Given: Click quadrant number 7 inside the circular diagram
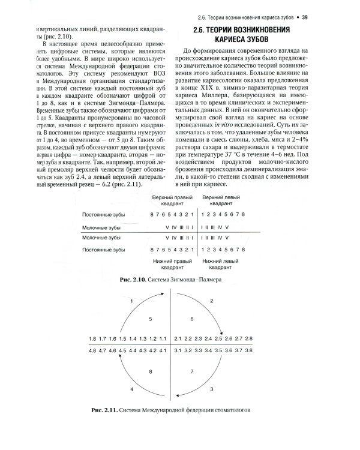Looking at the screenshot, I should [x=192, y=371].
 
